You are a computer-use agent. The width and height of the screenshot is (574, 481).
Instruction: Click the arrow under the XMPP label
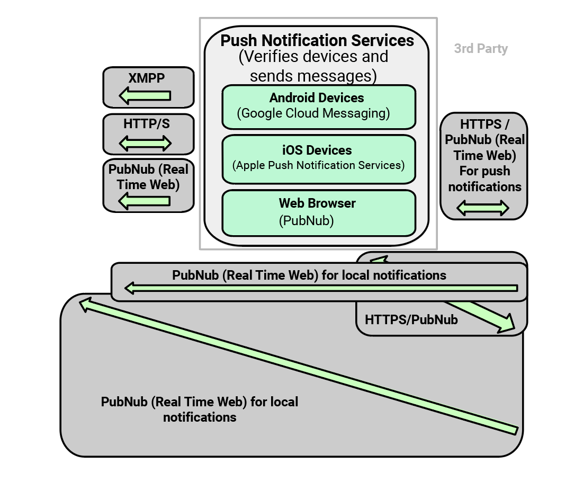[x=145, y=96]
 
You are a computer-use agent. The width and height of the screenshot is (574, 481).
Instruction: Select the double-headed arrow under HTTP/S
[x=146, y=143]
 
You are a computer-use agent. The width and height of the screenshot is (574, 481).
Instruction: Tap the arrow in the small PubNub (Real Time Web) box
[x=145, y=201]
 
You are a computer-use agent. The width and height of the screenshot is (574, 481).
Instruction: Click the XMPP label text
[x=147, y=78]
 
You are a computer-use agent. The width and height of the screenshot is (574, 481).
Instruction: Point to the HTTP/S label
[x=147, y=124]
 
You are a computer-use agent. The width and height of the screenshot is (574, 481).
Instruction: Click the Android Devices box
[x=318, y=106]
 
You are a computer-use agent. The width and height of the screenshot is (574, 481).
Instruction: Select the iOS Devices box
[x=318, y=158]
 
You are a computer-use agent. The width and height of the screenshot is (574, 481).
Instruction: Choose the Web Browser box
[x=318, y=212]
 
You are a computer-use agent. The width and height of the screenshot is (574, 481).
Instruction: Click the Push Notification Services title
[x=317, y=41]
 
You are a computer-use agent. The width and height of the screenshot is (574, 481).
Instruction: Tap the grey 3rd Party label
[x=481, y=49]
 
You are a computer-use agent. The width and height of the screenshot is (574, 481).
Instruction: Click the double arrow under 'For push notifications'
[x=482, y=208]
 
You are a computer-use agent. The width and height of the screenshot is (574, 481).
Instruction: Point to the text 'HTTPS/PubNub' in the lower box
[x=411, y=320]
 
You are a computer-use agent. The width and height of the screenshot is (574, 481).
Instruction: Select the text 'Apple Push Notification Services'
[x=318, y=165]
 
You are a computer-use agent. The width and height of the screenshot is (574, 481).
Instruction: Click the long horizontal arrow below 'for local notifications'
[x=321, y=288]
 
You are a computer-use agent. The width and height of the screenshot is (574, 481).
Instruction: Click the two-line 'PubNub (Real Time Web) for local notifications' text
[x=200, y=409]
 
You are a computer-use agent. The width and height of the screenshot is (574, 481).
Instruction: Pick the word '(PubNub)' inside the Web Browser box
[x=306, y=220]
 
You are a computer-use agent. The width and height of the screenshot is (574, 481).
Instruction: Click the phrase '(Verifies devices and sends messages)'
[x=313, y=66]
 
